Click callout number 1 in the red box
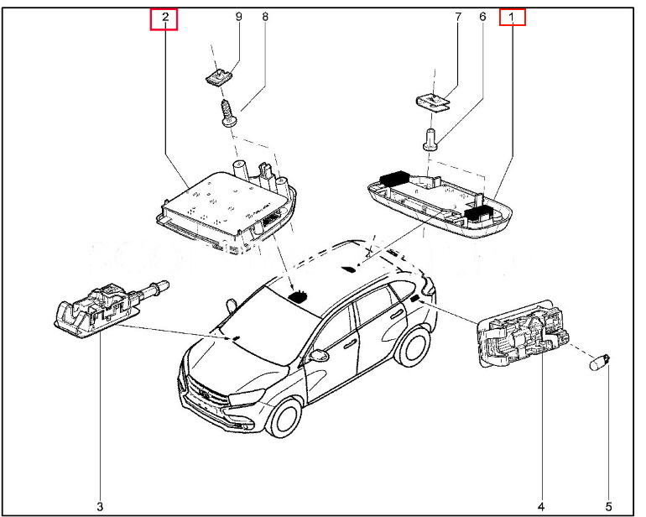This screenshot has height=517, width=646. [x=512, y=17]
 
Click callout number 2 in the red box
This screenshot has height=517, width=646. [x=164, y=17]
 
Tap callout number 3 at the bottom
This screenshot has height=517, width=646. [x=99, y=506]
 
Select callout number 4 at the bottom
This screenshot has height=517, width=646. [x=540, y=506]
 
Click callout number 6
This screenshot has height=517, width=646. [x=482, y=17]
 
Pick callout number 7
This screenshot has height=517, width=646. [x=458, y=17]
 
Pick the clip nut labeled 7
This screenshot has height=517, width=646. [x=433, y=102]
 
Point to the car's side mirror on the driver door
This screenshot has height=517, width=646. [x=319, y=356]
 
